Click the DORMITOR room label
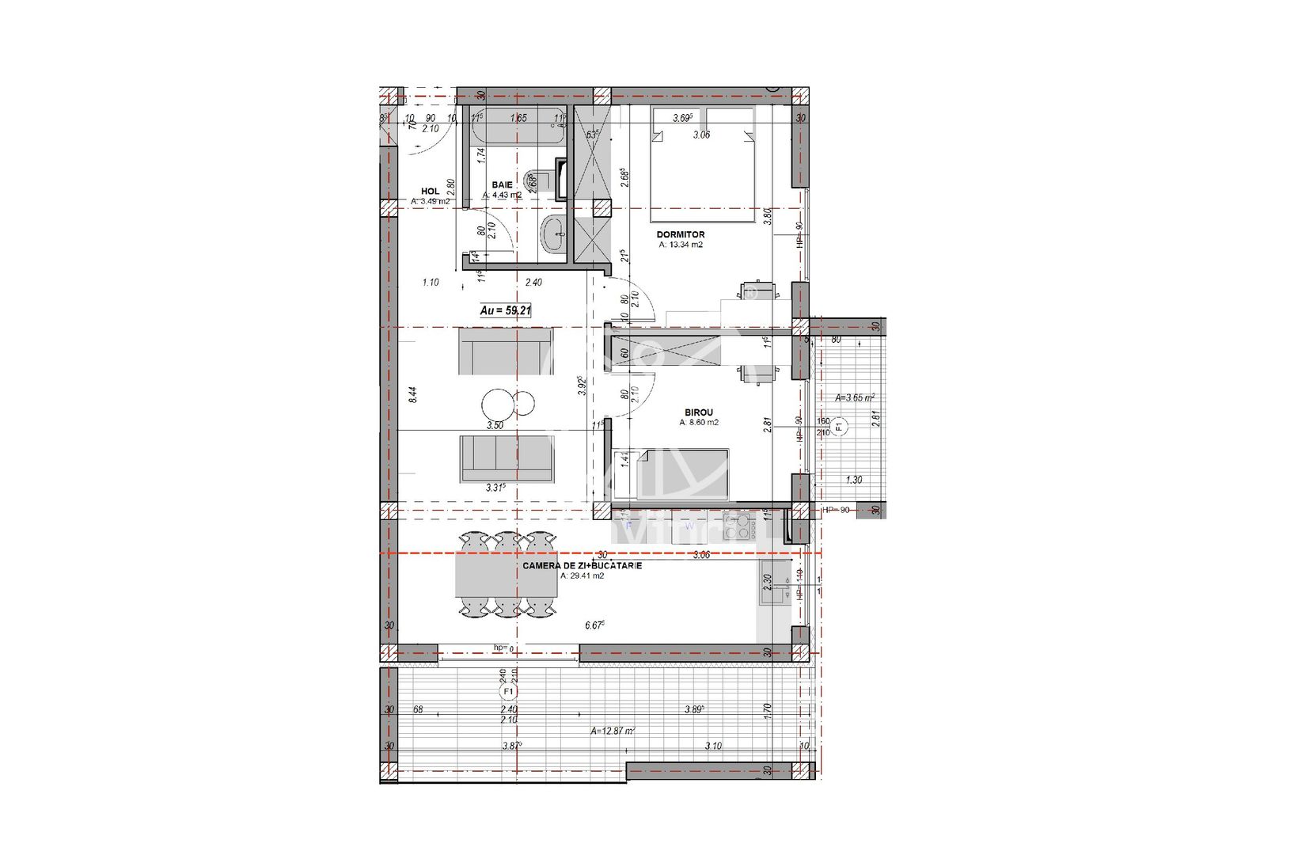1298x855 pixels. (x=680, y=235)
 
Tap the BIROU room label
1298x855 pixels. (x=698, y=412)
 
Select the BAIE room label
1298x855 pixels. (x=502, y=184)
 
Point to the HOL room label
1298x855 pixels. (x=430, y=192)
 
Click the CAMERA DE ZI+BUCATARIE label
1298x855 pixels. (x=582, y=566)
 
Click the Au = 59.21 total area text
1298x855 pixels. (x=505, y=311)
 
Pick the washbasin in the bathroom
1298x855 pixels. (x=552, y=235)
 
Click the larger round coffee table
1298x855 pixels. (x=498, y=404)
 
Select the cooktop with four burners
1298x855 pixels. (x=736, y=527)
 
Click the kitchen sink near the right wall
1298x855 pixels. (x=775, y=583)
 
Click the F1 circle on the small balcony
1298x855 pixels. (x=839, y=427)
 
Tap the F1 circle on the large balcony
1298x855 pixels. (x=508, y=692)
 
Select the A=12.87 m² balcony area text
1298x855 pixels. (x=613, y=731)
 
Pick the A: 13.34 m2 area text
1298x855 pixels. (x=681, y=245)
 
